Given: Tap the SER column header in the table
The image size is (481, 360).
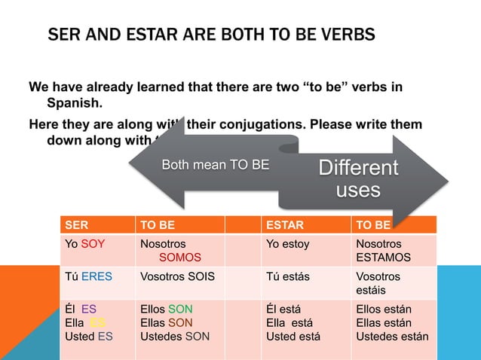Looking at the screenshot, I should [76, 224].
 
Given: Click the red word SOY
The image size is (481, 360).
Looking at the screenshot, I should [93, 244].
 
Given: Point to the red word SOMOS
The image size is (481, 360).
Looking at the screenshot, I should [175, 257].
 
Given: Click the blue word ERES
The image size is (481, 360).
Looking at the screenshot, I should [97, 276].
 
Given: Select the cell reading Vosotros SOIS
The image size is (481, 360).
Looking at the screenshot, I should [177, 276].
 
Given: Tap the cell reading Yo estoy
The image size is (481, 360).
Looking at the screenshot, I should [287, 244].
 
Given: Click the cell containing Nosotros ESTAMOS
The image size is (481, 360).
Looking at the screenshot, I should [383, 251].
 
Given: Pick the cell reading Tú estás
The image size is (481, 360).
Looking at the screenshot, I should [288, 276].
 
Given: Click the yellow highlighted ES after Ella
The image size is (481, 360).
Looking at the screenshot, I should [98, 322].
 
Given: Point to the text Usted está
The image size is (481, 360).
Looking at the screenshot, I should [293, 336].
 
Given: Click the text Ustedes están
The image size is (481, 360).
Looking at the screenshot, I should [391, 336].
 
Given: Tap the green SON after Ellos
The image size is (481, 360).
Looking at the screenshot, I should [180, 309].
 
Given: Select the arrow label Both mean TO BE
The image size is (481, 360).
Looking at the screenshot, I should [216, 165].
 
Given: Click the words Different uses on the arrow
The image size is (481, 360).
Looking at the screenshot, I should [358, 178].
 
